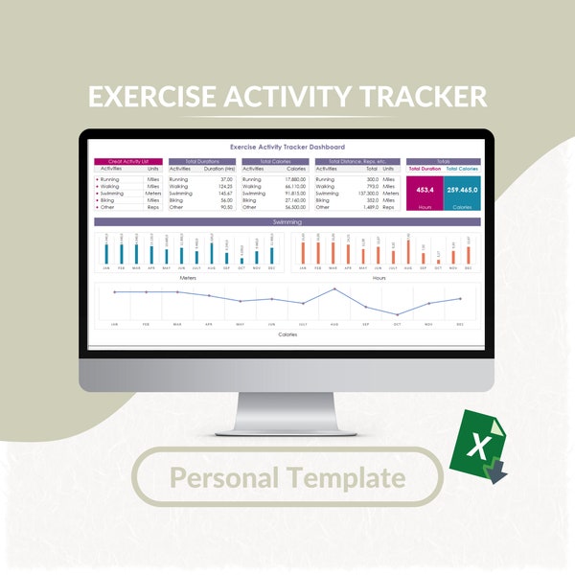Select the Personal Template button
287,476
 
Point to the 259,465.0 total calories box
461,190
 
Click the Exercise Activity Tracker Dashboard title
287,148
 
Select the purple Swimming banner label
287,221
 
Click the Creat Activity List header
127,162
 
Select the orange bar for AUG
408,251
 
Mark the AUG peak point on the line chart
334,288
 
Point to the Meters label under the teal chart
188,277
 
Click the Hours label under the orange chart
379,277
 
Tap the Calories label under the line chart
287,334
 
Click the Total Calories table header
275,162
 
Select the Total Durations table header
202,162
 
